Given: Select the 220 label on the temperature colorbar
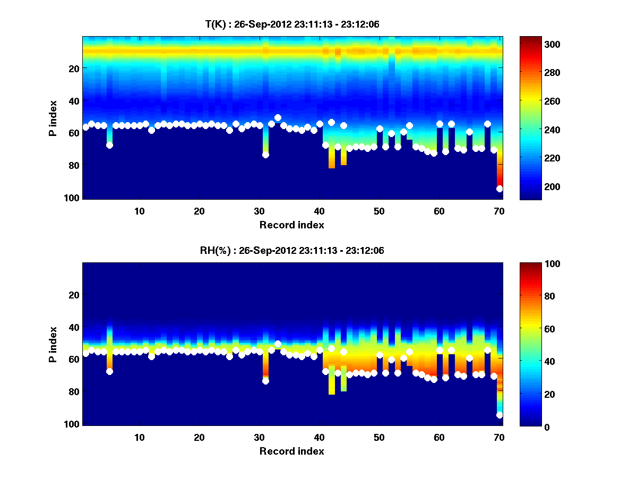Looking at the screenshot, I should click(533, 158).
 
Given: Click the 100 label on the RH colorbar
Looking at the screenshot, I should click(533, 264).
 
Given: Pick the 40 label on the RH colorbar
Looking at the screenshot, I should click(530, 362).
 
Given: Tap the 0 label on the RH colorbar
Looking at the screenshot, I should click(528, 426).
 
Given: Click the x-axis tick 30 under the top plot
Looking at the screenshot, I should click(259, 211).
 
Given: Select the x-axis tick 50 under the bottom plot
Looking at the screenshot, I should click(379, 438).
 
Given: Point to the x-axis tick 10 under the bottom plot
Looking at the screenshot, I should click(139, 438).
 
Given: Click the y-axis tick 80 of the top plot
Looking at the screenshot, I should click(73, 165).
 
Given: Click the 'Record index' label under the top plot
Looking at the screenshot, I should click(291, 225).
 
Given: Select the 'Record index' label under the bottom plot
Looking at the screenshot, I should click(291, 451).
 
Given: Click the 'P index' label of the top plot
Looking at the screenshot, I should click(53, 117).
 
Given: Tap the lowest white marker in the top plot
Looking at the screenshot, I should click(500, 189).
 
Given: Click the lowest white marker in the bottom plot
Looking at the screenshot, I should click(500, 415).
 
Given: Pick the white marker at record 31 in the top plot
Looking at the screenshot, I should click(265, 155).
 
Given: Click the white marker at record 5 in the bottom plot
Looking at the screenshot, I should click(109, 371).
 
